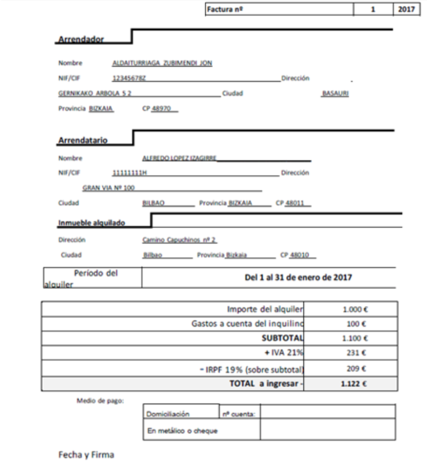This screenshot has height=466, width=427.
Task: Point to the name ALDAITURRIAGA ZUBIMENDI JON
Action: point(163,63)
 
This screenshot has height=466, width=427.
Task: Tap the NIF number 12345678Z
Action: point(130,79)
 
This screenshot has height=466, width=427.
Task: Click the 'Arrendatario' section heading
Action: point(83,141)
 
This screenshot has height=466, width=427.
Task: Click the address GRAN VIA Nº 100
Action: point(108,188)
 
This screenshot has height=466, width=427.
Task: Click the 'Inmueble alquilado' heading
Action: point(91,223)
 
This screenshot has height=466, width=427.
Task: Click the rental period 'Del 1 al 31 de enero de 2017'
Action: point(297,277)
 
